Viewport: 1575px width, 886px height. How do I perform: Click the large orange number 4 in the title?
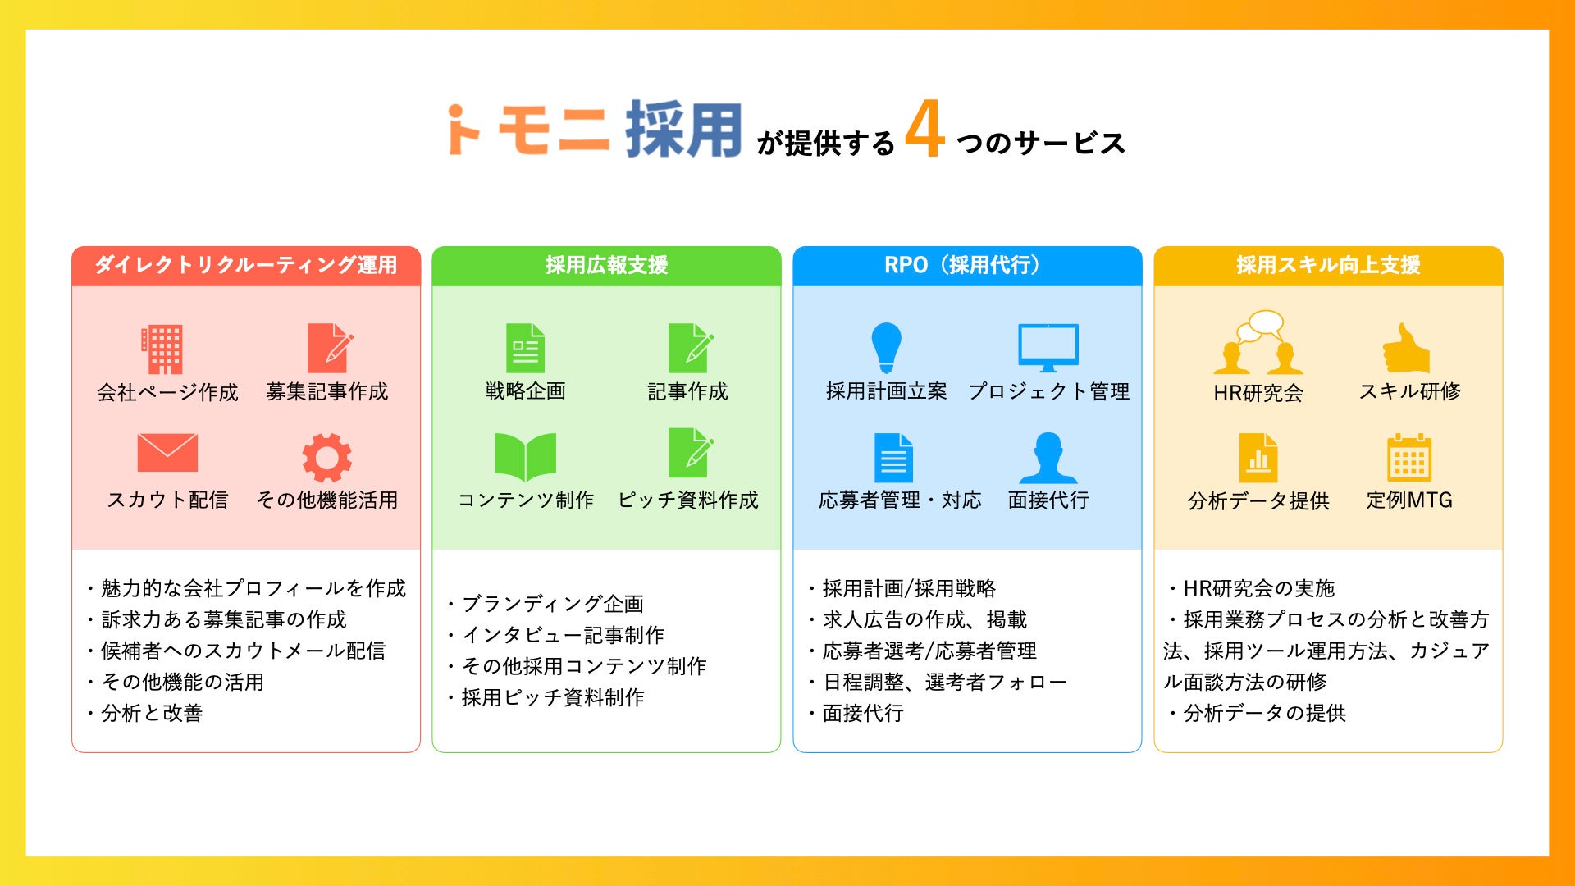[x=924, y=129]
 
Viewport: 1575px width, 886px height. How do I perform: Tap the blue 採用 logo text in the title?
[x=683, y=130]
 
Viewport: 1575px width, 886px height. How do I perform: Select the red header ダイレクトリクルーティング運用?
[x=246, y=265]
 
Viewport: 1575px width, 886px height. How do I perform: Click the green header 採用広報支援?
[x=606, y=265]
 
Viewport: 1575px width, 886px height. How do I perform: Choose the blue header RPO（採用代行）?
[x=966, y=265]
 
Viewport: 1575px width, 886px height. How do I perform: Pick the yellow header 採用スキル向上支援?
[x=1328, y=265]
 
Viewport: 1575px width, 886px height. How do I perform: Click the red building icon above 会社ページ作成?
[x=162, y=349]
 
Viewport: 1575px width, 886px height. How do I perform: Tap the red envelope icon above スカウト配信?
[x=167, y=452]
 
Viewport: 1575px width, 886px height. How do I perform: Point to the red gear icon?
[x=326, y=457]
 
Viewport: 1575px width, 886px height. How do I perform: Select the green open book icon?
[x=525, y=457]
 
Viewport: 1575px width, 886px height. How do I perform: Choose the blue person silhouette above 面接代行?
[x=1048, y=457]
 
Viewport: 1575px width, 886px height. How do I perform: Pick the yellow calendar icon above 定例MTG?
[x=1408, y=457]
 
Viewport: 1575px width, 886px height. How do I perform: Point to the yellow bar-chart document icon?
[x=1258, y=457]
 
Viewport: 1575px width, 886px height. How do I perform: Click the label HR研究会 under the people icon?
[x=1258, y=393]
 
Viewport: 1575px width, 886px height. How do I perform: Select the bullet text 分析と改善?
[x=152, y=713]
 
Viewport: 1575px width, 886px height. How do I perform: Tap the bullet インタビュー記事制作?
[x=563, y=635]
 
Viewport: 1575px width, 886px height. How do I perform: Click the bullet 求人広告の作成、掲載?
[x=924, y=619]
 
